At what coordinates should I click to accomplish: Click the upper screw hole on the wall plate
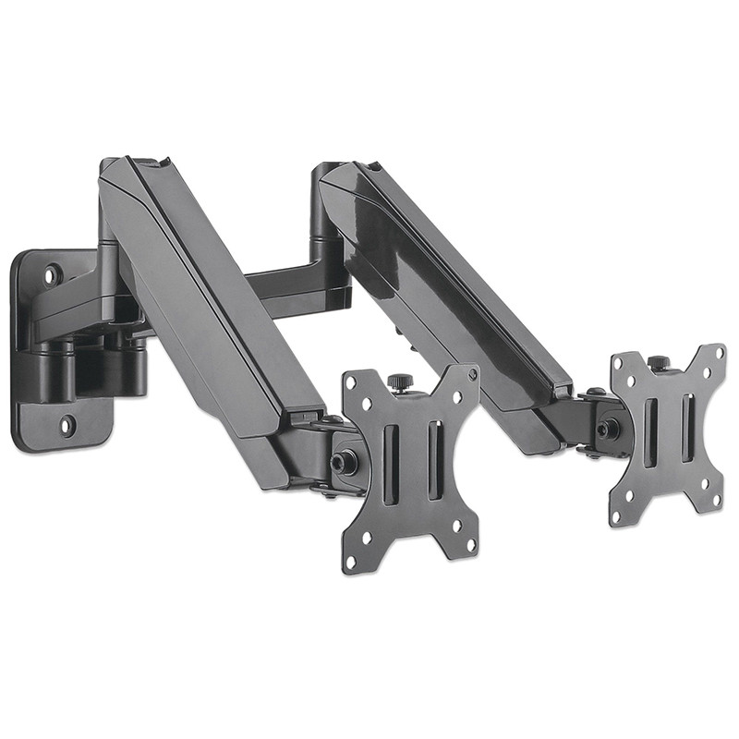[53, 274]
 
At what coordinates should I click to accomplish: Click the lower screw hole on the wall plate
[66, 426]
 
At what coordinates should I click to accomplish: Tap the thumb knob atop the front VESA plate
[399, 381]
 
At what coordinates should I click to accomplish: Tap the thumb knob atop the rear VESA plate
[658, 362]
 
